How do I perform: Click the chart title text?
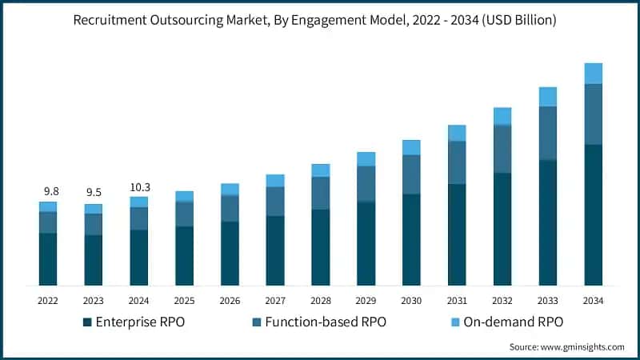(x=320, y=21)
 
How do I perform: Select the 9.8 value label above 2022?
(x=51, y=191)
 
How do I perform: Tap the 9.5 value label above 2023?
(x=94, y=193)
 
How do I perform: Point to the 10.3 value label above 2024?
(x=139, y=187)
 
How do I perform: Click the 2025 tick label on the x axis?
(x=184, y=301)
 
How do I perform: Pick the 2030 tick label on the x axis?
(x=411, y=301)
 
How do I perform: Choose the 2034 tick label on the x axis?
(x=593, y=301)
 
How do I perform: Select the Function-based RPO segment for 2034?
(x=593, y=114)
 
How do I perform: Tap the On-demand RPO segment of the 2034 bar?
(x=593, y=74)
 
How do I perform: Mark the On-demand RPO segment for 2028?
(x=321, y=170)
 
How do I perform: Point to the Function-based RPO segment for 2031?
(x=457, y=162)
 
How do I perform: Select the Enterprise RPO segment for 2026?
(x=230, y=253)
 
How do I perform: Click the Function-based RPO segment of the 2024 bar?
(x=139, y=218)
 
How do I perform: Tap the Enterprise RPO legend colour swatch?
(x=87, y=322)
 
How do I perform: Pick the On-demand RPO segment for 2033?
(x=547, y=97)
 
